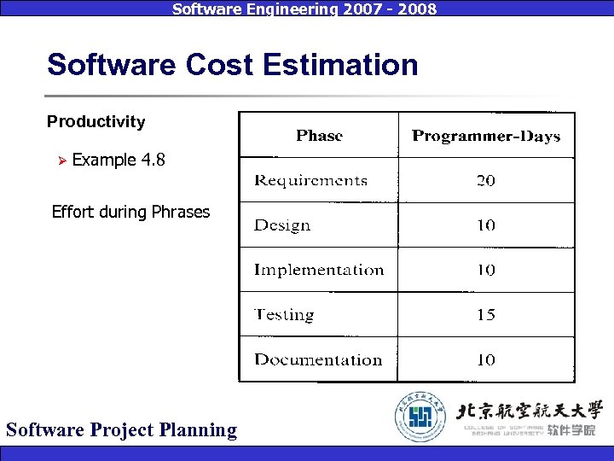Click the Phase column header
(319, 136)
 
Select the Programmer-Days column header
(486, 136)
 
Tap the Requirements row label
(310, 180)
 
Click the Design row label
(282, 225)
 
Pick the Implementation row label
(319, 270)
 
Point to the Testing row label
(284, 315)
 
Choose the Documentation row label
(318, 359)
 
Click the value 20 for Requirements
(486, 180)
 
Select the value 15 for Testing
(486, 315)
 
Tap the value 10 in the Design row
(486, 225)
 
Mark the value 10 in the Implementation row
(486, 270)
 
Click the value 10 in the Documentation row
(486, 359)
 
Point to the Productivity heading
(96, 121)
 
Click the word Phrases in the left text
(180, 212)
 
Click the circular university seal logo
(420, 416)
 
